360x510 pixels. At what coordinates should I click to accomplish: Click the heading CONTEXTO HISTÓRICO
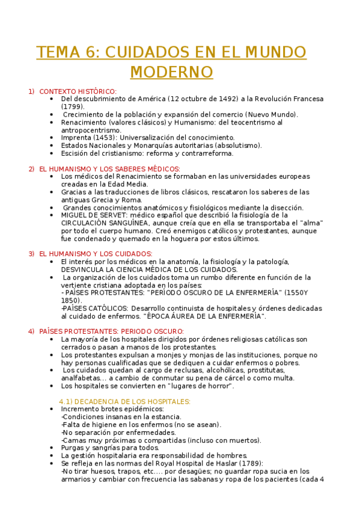click(78, 91)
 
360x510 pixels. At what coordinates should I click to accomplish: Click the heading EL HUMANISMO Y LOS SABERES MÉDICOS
click(109, 169)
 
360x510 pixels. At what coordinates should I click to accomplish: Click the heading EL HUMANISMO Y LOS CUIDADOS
click(96, 254)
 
